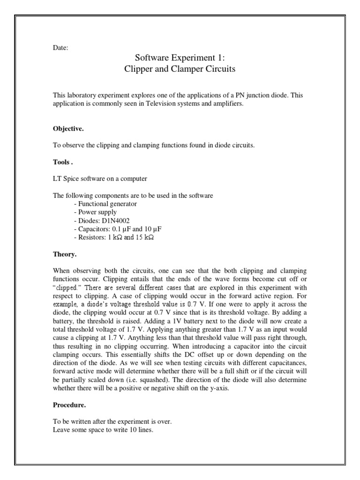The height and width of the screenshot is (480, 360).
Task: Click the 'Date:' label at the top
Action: click(60, 47)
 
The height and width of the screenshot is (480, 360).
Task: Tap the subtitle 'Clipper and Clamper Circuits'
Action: click(180, 69)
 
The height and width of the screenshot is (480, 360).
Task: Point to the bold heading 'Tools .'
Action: click(63, 162)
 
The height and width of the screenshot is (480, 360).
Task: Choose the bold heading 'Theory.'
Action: click(65, 255)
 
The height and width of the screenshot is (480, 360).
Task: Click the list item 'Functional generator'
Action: click(105, 204)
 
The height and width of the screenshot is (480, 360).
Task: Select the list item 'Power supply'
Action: click(96, 212)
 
